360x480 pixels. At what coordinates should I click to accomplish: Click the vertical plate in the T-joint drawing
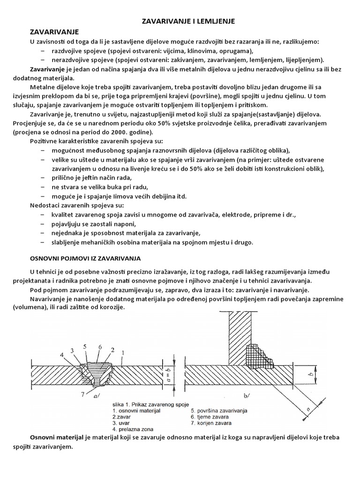(x=237, y=337)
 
